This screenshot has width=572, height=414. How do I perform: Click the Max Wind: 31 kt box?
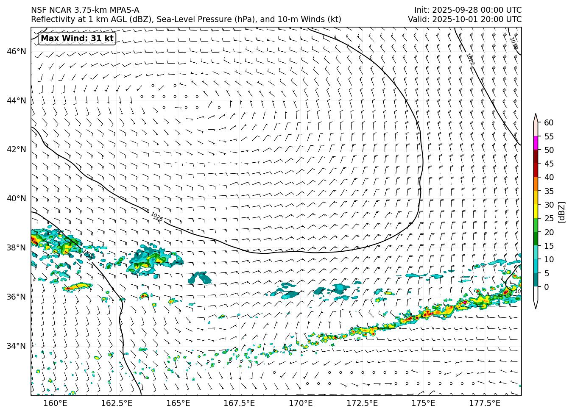77,39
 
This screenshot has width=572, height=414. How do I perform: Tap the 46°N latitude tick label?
17,52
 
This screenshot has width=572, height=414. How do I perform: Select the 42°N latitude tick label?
17,150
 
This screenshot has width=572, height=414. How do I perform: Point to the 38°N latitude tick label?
17,247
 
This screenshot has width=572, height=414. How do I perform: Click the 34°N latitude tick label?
17,346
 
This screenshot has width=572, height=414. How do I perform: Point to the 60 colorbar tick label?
549,123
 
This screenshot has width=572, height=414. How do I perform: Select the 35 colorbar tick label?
549,191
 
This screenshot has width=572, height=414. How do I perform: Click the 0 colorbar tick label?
547,287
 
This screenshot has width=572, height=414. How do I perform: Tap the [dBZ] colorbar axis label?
561,212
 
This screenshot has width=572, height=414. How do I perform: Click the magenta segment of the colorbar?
536,143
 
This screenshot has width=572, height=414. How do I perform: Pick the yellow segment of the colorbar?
536,211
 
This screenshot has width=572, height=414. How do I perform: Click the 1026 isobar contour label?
156,217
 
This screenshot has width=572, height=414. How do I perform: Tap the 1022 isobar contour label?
470,59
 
